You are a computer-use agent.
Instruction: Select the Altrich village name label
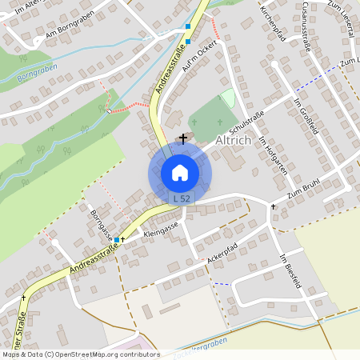pos(234,140)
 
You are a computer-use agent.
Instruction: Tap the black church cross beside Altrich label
pos(183,138)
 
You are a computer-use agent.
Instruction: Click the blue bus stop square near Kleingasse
pos(117,239)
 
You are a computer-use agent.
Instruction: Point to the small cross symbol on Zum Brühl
pos(273,206)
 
